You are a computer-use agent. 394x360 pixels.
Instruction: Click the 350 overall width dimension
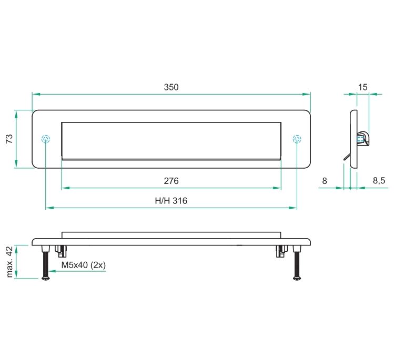[171, 87]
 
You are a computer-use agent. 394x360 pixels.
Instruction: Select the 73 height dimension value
[9, 139]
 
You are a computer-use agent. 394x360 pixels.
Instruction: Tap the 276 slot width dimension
[171, 181]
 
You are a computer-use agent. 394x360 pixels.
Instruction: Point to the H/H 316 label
[171, 201]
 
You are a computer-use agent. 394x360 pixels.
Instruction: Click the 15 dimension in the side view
[362, 87]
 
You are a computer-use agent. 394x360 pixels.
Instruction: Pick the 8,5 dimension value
[379, 181]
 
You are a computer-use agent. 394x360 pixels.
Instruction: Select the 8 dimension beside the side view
[325, 181]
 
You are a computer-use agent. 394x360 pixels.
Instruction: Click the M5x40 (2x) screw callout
[84, 265]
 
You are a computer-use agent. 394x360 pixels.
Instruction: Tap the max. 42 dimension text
[9, 261]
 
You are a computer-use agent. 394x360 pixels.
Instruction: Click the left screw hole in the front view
[46, 139]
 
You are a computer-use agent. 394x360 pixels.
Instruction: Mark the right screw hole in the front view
[297, 139]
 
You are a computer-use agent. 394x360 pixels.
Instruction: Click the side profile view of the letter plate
[355, 139]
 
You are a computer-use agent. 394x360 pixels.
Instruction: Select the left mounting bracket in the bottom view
[62, 251]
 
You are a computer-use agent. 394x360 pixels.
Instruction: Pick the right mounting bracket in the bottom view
[280, 251]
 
